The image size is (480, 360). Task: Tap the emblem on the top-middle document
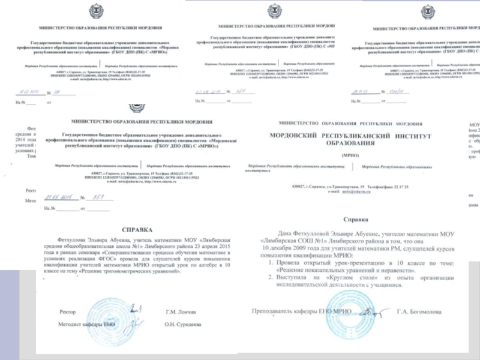(x=275, y=11)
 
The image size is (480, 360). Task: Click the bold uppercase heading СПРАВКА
(x=137, y=229)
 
